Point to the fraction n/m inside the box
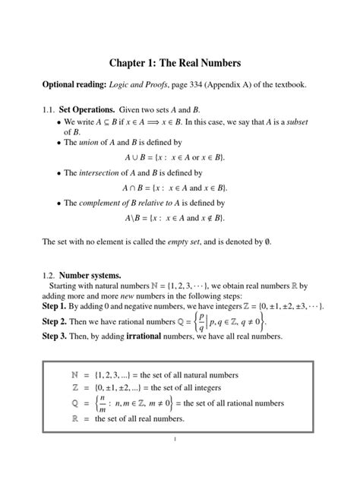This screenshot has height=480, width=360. (x=103, y=403)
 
